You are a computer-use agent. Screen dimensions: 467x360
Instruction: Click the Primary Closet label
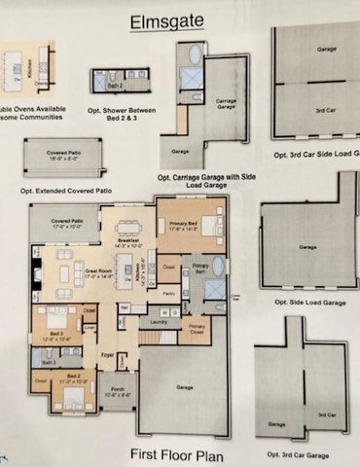pyautogui.click(x=197, y=329)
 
